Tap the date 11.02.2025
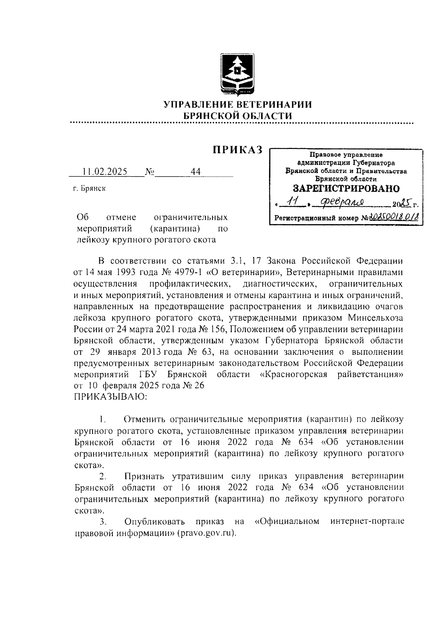105,172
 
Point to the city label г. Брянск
89,189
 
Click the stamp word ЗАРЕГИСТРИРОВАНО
346,189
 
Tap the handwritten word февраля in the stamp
342,202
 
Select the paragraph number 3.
103,522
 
